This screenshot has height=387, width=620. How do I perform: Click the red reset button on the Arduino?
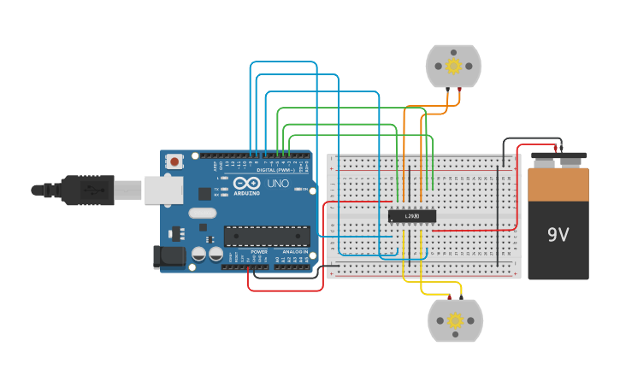[174, 161]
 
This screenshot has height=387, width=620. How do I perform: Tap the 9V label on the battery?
[558, 233]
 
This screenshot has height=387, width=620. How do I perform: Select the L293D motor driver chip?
[412, 216]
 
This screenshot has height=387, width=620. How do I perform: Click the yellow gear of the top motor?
[453, 66]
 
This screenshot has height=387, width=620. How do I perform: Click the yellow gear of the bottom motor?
[455, 320]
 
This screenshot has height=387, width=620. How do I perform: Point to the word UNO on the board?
[277, 184]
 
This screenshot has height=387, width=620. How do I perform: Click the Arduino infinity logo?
[246, 183]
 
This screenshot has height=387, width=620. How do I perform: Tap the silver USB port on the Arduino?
[163, 190]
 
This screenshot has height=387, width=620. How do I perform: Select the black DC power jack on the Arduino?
[168, 255]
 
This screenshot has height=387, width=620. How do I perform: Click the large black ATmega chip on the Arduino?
[267, 236]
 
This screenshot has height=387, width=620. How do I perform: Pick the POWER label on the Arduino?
[259, 252]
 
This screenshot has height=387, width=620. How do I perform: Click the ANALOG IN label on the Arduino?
[292, 252]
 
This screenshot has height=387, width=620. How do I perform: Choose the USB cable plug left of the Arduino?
[86, 189]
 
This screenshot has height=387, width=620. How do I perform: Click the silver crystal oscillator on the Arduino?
[203, 213]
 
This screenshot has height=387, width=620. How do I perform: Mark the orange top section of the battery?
[558, 183]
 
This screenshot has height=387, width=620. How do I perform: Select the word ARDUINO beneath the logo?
[246, 193]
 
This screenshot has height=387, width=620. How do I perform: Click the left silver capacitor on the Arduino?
[198, 254]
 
